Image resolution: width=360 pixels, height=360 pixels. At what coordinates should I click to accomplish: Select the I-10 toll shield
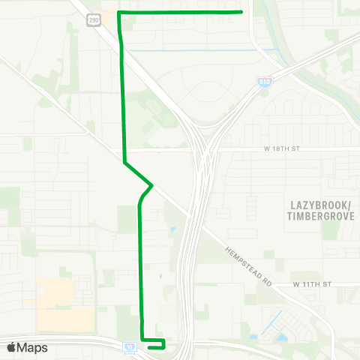(130, 347)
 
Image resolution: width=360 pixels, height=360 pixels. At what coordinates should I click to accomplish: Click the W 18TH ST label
(282, 149)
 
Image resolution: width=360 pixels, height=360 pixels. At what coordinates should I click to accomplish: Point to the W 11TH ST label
(312, 285)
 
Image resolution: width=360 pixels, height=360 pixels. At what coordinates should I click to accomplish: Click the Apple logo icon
(12, 347)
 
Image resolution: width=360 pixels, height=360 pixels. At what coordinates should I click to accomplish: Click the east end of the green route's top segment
(240, 12)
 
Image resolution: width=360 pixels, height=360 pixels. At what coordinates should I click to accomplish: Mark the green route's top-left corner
(119, 13)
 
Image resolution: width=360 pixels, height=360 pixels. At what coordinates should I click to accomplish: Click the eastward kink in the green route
(152, 184)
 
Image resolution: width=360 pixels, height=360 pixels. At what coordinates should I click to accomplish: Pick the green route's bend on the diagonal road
(124, 162)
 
